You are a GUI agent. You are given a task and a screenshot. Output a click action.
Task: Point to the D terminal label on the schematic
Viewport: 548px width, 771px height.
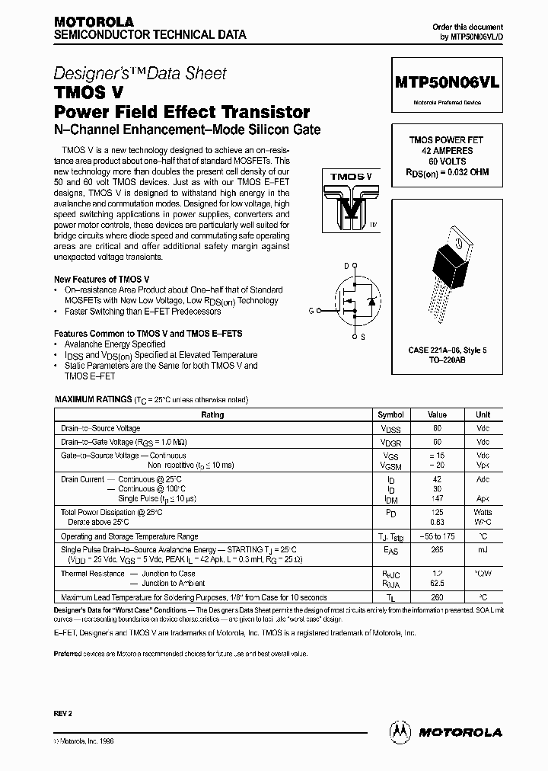tap(346, 265)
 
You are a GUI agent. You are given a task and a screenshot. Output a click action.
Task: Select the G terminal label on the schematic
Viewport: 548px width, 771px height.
tap(311, 311)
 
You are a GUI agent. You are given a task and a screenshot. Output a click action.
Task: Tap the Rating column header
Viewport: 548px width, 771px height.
tap(212, 415)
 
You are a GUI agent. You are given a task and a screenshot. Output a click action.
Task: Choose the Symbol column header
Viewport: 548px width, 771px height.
tap(391, 415)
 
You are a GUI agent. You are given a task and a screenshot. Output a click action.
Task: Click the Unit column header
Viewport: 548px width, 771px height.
tap(483, 415)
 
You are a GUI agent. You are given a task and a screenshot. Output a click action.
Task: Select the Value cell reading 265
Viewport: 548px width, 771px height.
tap(437, 549)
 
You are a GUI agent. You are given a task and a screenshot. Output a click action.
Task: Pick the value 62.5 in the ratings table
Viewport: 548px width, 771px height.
tap(437, 583)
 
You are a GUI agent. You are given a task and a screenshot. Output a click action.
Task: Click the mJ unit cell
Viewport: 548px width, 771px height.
tap(483, 549)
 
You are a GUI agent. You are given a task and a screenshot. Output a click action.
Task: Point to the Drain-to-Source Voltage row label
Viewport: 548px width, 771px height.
tap(100, 429)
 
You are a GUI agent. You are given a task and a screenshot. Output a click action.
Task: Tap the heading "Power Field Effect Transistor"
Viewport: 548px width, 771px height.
tap(182, 112)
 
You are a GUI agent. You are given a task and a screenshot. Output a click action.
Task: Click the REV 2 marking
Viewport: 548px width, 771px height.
tap(63, 713)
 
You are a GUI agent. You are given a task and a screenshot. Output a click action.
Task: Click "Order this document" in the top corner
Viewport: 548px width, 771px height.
tap(473, 27)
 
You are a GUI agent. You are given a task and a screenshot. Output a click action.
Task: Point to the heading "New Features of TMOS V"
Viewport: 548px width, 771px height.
tap(96, 280)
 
